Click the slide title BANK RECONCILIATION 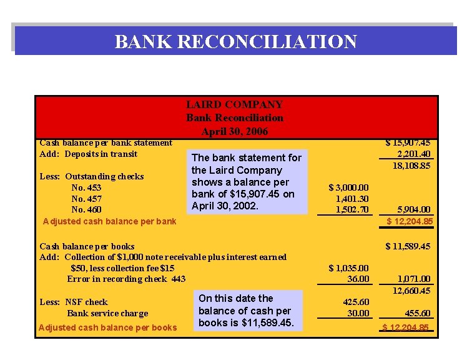pos(235,42)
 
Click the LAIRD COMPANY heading pos(234,104)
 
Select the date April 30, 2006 pos(234,131)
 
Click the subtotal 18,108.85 pos(411,165)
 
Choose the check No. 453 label pos(86,187)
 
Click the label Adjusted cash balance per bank pos(110,221)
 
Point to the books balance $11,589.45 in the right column pos(408,246)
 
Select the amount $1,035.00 pos(348,268)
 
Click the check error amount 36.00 pos(358,279)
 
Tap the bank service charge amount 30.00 pos(358,313)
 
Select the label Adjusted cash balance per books pos(107,327)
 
